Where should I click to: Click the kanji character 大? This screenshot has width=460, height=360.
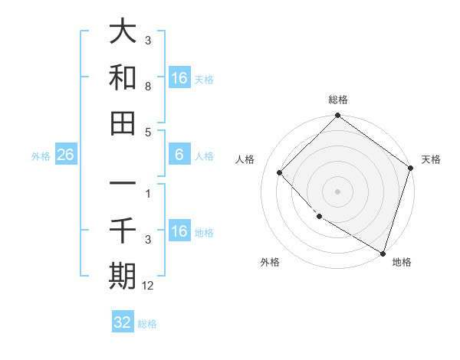point(123,31)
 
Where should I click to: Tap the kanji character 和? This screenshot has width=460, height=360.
point(123,77)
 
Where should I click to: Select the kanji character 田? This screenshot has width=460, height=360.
point(123,123)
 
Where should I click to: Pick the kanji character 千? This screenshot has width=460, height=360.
point(123,230)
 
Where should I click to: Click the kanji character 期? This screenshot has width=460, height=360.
point(123,276)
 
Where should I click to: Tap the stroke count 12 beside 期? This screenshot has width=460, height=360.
point(149,286)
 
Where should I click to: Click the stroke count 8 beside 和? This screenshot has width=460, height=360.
point(147,87)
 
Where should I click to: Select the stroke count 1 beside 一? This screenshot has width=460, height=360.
point(147,194)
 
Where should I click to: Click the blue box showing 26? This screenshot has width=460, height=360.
point(65,155)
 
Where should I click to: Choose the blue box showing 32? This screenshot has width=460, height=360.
point(123,322)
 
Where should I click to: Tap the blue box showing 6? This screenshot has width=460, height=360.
point(179,155)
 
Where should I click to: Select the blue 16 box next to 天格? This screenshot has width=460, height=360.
point(179,78)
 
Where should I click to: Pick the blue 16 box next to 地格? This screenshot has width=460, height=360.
point(179,231)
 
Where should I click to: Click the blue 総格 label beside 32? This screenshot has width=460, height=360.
point(147,324)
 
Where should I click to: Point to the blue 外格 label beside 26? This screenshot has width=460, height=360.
point(41,156)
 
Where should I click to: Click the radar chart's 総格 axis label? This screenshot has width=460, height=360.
point(338,100)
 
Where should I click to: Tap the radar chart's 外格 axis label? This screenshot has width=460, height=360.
point(270,262)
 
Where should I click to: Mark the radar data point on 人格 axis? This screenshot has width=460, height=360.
point(280,173)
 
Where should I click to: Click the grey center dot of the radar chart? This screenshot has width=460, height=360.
point(337,191)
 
